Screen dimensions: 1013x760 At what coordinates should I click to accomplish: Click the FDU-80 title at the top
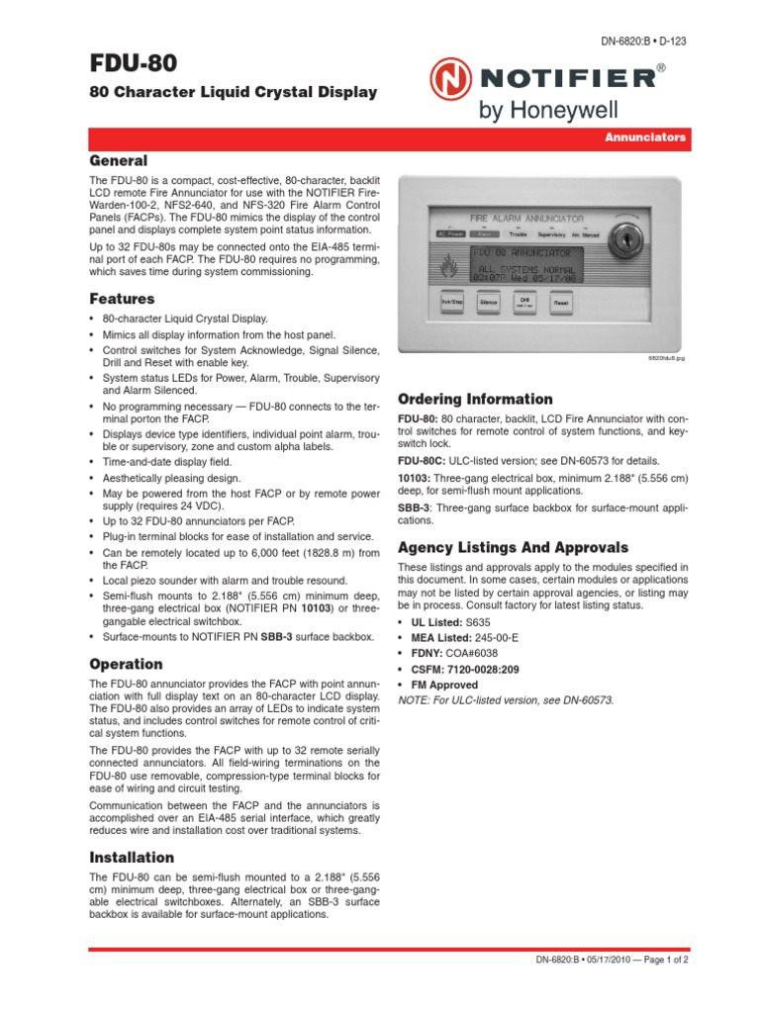coord(134,64)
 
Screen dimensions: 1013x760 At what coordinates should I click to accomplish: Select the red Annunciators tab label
coord(645,138)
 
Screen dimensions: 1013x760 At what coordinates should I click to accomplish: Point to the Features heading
coord(122,298)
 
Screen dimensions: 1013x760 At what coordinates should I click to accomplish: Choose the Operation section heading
coord(126,664)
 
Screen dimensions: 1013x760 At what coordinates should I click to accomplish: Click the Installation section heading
coord(132,857)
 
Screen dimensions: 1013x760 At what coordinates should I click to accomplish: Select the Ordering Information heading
coord(475,399)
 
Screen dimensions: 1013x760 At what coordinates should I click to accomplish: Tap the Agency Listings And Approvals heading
coord(513,547)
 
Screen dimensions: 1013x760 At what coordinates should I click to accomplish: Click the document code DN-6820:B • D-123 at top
coord(643,41)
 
